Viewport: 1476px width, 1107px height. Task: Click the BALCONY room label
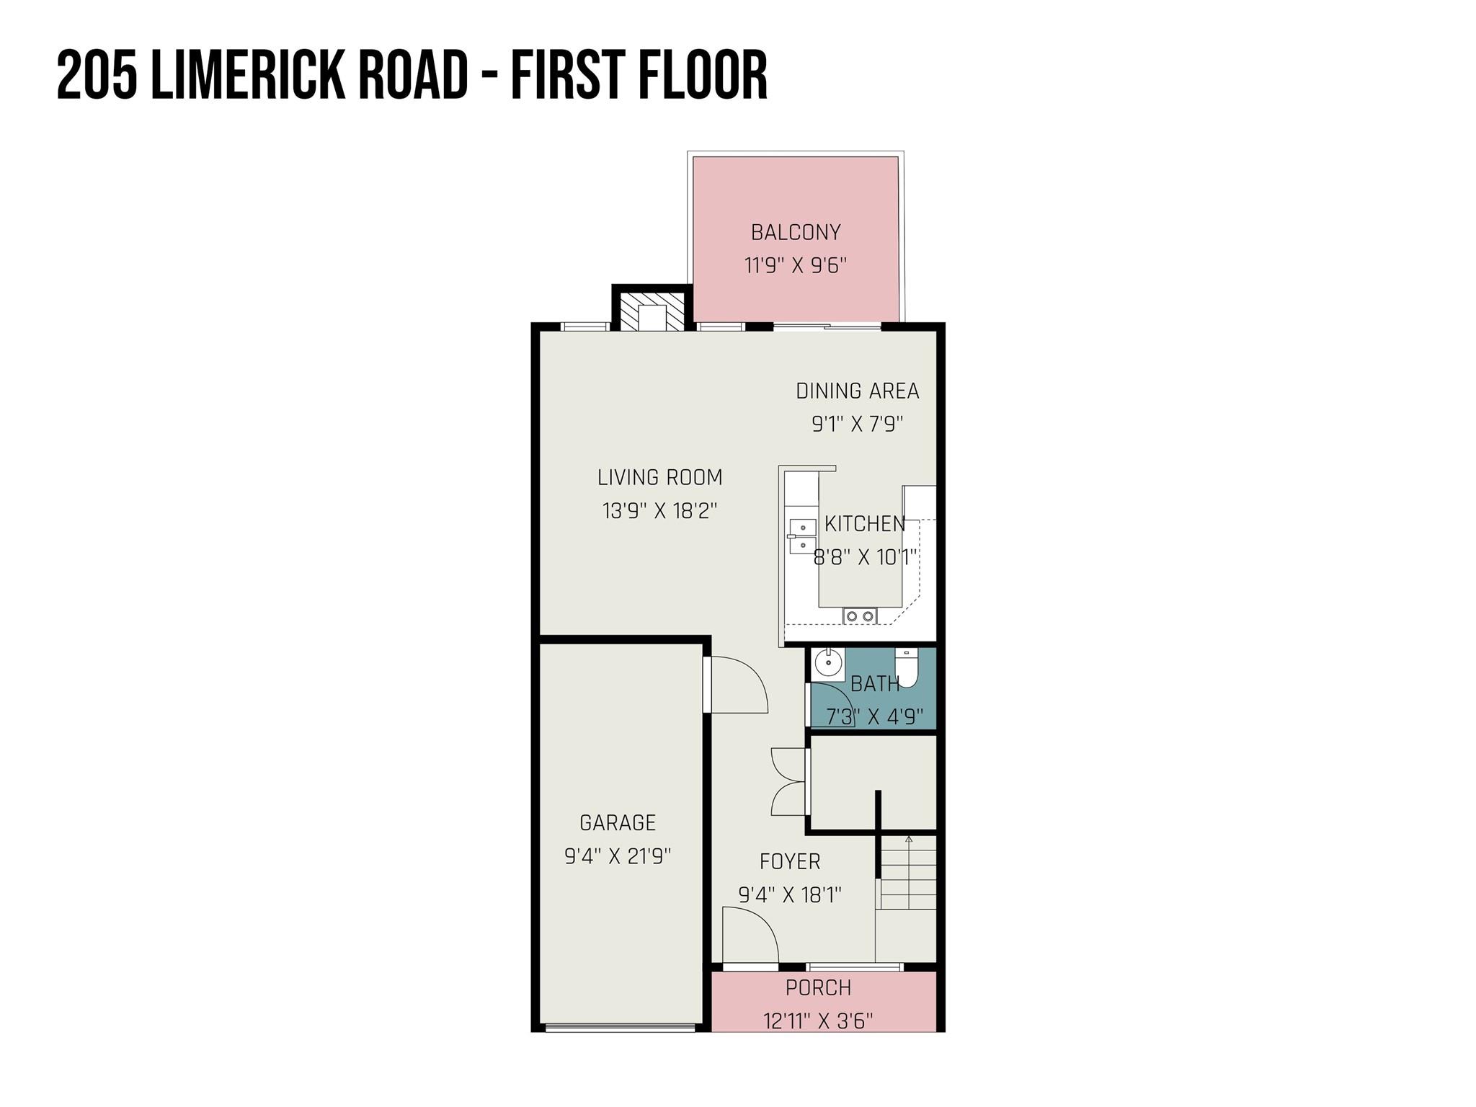[x=796, y=232]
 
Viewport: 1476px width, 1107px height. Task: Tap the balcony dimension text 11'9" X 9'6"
[x=796, y=265]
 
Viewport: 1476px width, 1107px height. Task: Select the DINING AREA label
[x=858, y=391]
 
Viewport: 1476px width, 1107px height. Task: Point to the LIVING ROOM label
[x=660, y=477]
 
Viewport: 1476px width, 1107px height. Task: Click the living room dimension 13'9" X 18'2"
[x=660, y=511]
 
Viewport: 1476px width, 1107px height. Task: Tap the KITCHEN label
[x=865, y=524]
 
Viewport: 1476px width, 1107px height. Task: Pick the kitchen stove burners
[x=860, y=615]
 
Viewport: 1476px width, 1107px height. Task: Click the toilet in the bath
[x=906, y=667]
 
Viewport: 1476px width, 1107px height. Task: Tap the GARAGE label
[x=618, y=822]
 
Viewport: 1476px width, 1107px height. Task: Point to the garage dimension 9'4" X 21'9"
[x=618, y=856]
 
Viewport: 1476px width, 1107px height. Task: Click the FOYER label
[x=790, y=861]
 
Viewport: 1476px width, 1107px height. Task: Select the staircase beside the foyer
[x=908, y=872]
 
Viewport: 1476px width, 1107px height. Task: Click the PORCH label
[x=819, y=987]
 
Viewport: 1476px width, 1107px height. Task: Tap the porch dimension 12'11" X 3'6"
[x=819, y=1021]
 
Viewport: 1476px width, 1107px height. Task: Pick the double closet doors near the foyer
[x=788, y=782]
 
